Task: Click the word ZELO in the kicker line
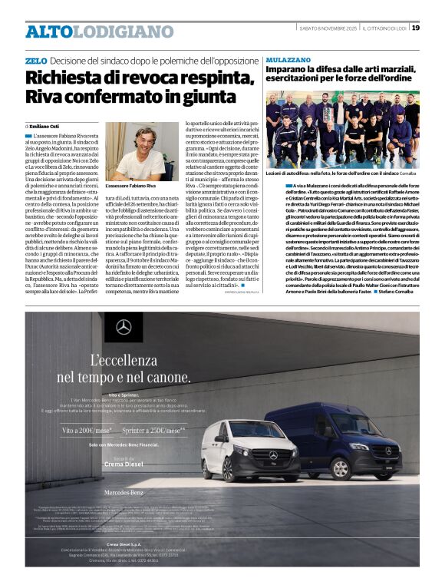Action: (36, 60)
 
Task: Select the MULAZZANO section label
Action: (286, 59)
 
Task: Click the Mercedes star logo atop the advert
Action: (124, 328)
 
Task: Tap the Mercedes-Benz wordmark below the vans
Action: (124, 491)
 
